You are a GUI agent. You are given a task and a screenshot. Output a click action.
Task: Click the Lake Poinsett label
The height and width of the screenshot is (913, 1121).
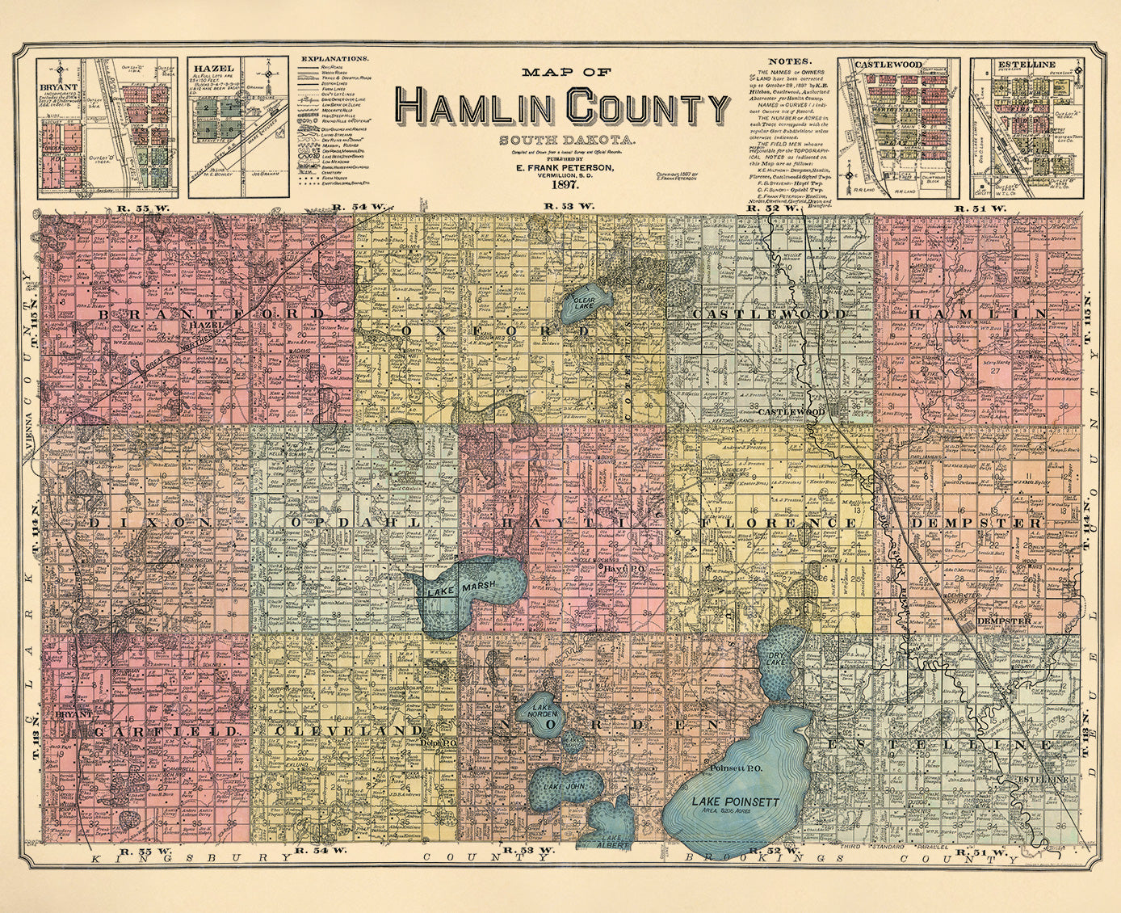coord(735,802)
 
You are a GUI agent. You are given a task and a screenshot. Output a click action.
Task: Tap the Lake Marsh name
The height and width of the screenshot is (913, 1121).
coord(453,591)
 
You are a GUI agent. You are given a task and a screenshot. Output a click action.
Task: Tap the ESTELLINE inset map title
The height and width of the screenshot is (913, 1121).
coord(1023,64)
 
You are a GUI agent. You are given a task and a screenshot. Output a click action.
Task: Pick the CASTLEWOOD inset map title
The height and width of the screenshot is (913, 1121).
coord(879,64)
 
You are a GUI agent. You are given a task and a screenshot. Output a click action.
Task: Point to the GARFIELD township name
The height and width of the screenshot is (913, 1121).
coord(167,730)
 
